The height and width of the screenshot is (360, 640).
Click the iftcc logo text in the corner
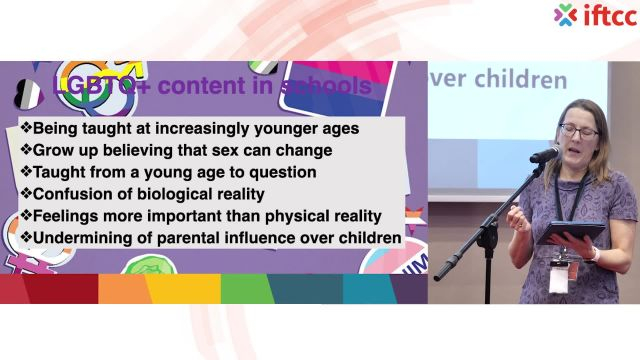604,15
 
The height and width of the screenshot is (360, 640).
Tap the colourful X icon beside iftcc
566,15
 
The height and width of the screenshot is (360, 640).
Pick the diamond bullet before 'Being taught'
24,128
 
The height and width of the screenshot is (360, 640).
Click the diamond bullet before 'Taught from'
24,172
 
